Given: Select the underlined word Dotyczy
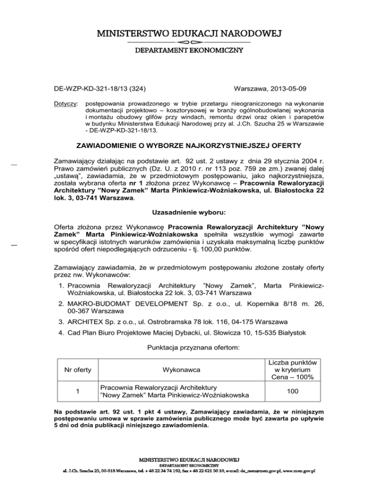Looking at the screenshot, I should click(63, 104).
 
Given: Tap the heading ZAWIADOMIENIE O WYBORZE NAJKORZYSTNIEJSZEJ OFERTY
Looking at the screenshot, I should click(189, 146).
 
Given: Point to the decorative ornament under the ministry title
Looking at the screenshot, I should click(189, 42).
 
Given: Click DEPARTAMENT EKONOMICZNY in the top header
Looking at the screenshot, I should click(189, 50).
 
